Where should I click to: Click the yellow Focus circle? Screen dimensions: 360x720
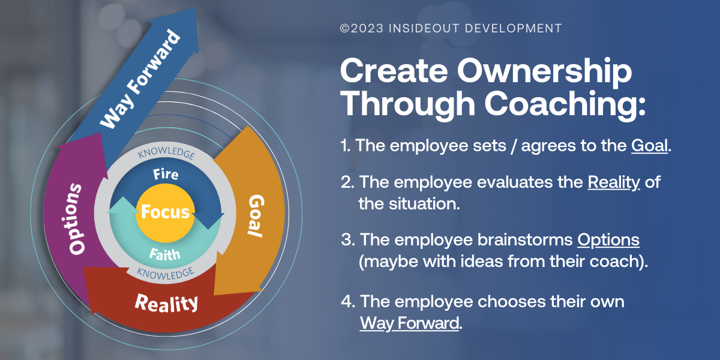pos(165,212)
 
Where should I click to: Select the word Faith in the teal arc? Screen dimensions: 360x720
pos(164,254)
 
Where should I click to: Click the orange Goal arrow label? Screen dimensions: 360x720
pos(256,215)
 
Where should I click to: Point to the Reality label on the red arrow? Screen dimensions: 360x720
pos(166,302)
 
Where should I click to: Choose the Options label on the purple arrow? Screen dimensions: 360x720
pos(75,219)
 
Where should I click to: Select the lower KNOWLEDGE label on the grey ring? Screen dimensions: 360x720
pos(166,273)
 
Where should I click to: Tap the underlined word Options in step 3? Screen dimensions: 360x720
pos(608,240)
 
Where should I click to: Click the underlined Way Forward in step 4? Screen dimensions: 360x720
pos(410,323)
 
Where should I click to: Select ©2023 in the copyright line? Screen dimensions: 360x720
pos(358,28)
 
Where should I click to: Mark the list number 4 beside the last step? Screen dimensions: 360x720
pos(346,301)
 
